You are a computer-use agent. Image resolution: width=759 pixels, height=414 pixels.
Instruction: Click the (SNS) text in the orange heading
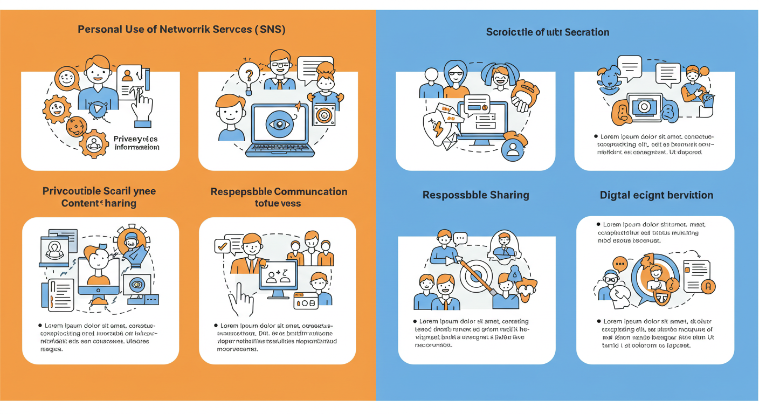click(269, 29)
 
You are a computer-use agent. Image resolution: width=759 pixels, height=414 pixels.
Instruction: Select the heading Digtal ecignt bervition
click(656, 195)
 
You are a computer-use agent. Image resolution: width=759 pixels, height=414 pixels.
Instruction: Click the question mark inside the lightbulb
click(249, 72)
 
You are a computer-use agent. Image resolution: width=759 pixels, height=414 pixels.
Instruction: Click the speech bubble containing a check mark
click(222, 246)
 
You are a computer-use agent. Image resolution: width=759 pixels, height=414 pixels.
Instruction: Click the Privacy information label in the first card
click(136, 143)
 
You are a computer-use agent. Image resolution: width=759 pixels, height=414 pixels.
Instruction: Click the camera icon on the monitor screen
click(643, 107)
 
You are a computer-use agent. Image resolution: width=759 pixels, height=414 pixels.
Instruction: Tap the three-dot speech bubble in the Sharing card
click(459, 237)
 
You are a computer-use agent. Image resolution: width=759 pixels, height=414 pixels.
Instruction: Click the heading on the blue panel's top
click(547, 32)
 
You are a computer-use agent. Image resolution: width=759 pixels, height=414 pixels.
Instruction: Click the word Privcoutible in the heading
click(71, 191)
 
